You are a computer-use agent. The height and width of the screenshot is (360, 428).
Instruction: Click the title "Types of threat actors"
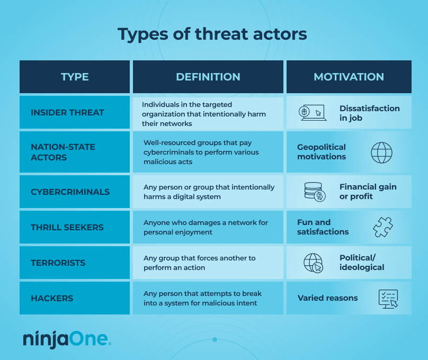[212, 34]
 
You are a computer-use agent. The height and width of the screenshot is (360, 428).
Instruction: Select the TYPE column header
[75, 77]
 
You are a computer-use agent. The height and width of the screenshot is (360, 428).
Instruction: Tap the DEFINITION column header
[208, 77]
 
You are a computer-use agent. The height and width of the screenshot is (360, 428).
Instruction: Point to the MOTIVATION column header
[349, 77]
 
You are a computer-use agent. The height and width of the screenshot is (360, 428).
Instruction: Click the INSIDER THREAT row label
[67, 112]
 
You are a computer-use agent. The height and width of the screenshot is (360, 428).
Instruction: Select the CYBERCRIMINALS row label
[70, 192]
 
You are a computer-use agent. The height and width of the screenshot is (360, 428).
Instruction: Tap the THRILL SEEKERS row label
[67, 227]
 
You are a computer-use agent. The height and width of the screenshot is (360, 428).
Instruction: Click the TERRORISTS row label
[58, 263]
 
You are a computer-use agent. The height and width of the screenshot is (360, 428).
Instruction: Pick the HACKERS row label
[52, 298]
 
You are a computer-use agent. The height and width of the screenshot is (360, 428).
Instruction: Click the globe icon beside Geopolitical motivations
[381, 152]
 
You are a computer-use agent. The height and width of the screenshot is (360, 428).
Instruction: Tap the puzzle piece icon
[382, 227]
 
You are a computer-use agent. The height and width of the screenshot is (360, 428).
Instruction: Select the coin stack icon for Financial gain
[315, 192]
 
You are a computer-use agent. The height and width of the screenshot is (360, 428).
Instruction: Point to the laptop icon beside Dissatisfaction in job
[311, 112]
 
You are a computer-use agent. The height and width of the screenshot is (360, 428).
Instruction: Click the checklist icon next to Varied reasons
[388, 299]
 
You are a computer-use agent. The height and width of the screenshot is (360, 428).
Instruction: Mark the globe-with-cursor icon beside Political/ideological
[313, 263]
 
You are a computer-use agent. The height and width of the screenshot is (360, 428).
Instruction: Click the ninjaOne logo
[67, 339]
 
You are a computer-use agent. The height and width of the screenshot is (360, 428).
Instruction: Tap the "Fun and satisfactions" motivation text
[323, 227]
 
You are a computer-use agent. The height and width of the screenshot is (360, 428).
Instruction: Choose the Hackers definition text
[202, 298]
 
